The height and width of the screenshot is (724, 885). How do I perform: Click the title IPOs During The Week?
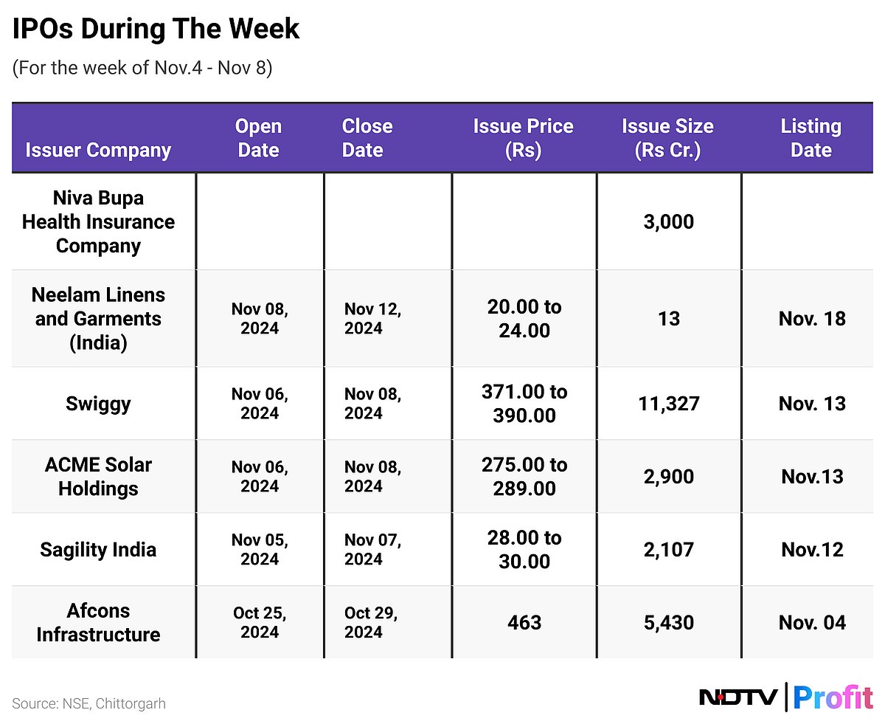pyautogui.click(x=156, y=29)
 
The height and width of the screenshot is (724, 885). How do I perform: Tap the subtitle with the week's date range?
pyautogui.click(x=142, y=68)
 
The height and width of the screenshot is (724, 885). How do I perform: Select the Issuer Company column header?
pyautogui.click(x=98, y=150)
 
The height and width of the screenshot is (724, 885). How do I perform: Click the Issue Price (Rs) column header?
pyautogui.click(x=523, y=138)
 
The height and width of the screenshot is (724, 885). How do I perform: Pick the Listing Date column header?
pyautogui.click(x=811, y=138)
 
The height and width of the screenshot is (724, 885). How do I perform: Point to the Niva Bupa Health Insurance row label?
pyautogui.click(x=98, y=221)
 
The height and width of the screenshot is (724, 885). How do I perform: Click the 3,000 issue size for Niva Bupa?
pyautogui.click(x=668, y=221)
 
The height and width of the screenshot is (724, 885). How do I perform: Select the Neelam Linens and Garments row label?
pyautogui.click(x=98, y=318)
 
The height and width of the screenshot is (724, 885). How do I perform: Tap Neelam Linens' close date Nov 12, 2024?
pyautogui.click(x=372, y=318)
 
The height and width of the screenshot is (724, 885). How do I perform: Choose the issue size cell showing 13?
pyautogui.click(x=668, y=319)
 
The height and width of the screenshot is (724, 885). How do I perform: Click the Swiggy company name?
pyautogui.click(x=98, y=403)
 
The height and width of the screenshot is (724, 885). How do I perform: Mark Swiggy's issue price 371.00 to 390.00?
pyautogui.click(x=524, y=403)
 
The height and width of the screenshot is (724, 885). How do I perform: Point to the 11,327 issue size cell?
pyautogui.click(x=668, y=404)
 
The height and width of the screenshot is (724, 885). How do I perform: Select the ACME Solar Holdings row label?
pyautogui.click(x=98, y=476)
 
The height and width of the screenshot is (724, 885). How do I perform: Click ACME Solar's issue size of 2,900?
pyautogui.click(x=668, y=477)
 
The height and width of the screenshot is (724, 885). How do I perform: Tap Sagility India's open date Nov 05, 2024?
pyautogui.click(x=260, y=549)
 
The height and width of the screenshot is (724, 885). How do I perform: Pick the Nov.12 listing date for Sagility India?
pyautogui.click(x=811, y=550)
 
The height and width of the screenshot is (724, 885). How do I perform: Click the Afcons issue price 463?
pyautogui.click(x=524, y=622)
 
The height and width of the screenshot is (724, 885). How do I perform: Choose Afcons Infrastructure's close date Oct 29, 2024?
pyautogui.click(x=372, y=622)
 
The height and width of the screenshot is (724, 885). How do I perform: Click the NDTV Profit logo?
pyautogui.click(x=785, y=697)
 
